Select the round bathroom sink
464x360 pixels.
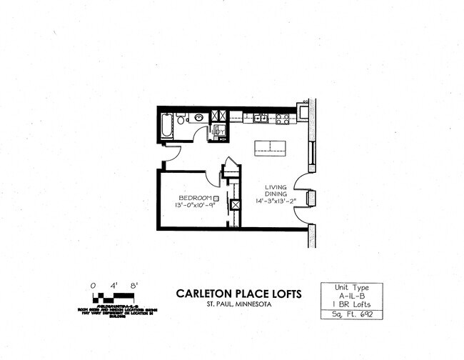tap(197, 117)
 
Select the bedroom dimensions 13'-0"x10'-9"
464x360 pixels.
tap(193, 206)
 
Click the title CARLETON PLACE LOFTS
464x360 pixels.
tap(238, 294)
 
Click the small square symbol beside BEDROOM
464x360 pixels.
tap(216, 197)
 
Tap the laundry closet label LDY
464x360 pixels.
tap(220, 131)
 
